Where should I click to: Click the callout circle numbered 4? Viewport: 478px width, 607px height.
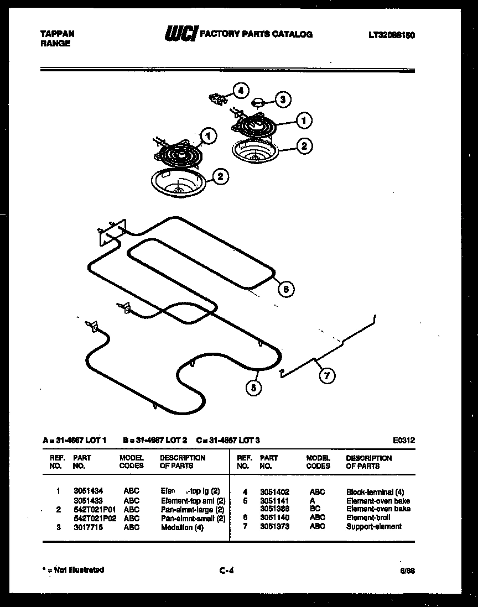pyautogui.click(x=240, y=91)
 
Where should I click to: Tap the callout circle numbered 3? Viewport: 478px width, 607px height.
pyautogui.click(x=282, y=100)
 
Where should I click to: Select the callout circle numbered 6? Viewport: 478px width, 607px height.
pyautogui.click(x=285, y=289)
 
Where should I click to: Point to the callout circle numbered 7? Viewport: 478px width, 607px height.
pyautogui.click(x=326, y=376)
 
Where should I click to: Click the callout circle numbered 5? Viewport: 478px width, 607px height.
pyautogui.click(x=253, y=388)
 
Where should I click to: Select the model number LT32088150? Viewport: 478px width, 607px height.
pyautogui.click(x=392, y=35)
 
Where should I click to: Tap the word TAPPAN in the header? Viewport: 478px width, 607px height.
pyautogui.click(x=58, y=34)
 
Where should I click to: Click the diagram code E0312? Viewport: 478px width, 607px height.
pyautogui.click(x=404, y=440)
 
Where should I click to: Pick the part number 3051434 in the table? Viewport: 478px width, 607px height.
pyautogui.click(x=88, y=490)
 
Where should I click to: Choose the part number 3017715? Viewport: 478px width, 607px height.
pyautogui.click(x=88, y=527)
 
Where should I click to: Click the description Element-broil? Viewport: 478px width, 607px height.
pyautogui.click(x=368, y=517)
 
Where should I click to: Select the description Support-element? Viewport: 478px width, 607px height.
pyautogui.click(x=373, y=526)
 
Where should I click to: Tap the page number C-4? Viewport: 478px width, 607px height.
pyautogui.click(x=226, y=571)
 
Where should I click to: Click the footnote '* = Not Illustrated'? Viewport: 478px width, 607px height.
pyautogui.click(x=74, y=570)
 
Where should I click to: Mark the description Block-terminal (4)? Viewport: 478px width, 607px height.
pyautogui.click(x=375, y=491)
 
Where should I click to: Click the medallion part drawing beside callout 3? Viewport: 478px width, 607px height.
pyautogui.click(x=257, y=101)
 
